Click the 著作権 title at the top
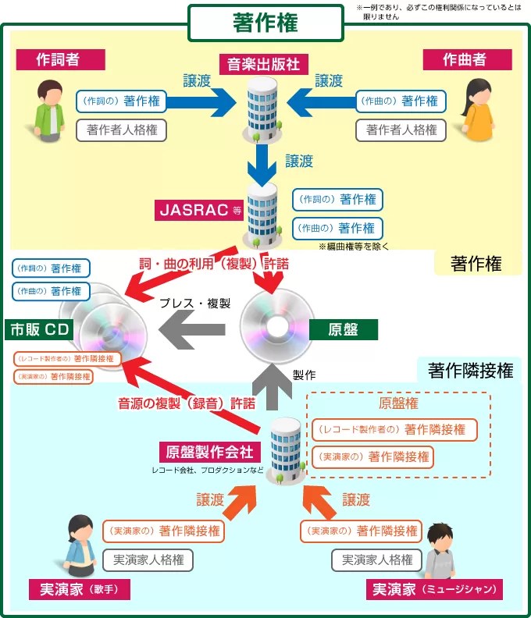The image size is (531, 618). point(265,23)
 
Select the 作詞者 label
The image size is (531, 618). point(59,59)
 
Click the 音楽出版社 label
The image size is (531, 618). point(264,64)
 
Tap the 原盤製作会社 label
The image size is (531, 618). point(210,452)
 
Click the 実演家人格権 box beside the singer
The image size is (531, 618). point(148,559)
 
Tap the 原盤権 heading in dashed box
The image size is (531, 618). point(398,403)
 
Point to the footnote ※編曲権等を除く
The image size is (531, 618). point(353,246)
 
